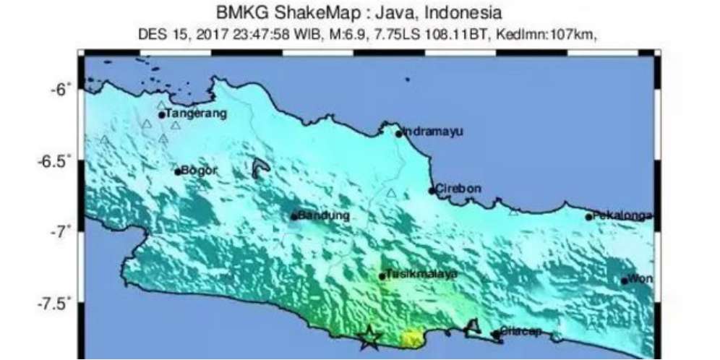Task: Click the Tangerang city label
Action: (x=196, y=113)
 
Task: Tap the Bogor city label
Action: (x=199, y=171)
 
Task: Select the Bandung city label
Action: (x=324, y=215)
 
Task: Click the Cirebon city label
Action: (x=458, y=189)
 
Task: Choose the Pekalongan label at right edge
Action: (x=622, y=215)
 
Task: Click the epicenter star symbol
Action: (x=370, y=337)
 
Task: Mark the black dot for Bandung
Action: (x=294, y=216)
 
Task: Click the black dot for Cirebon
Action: (x=432, y=191)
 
